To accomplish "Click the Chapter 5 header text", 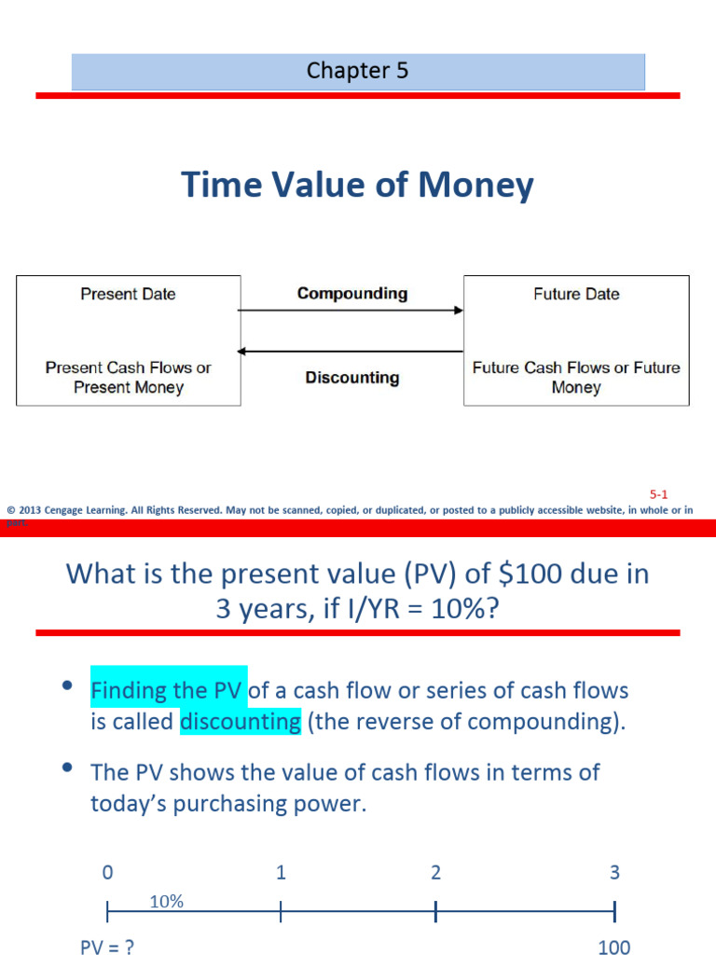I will (357, 71).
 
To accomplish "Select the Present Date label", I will (128, 294).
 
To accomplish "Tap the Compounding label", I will (351, 294).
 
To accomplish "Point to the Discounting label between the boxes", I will (351, 378).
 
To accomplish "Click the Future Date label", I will (575, 294).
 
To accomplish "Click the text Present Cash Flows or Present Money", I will (128, 377).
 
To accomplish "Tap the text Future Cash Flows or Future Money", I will (575, 377).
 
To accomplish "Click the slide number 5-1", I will (659, 495).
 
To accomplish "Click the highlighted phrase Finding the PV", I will (168, 691).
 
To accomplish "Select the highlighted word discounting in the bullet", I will (241, 722).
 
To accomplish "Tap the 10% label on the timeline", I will (166, 901).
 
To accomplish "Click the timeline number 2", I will (435, 873).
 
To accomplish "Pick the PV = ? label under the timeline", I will (106, 947).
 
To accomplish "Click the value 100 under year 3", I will (613, 948).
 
